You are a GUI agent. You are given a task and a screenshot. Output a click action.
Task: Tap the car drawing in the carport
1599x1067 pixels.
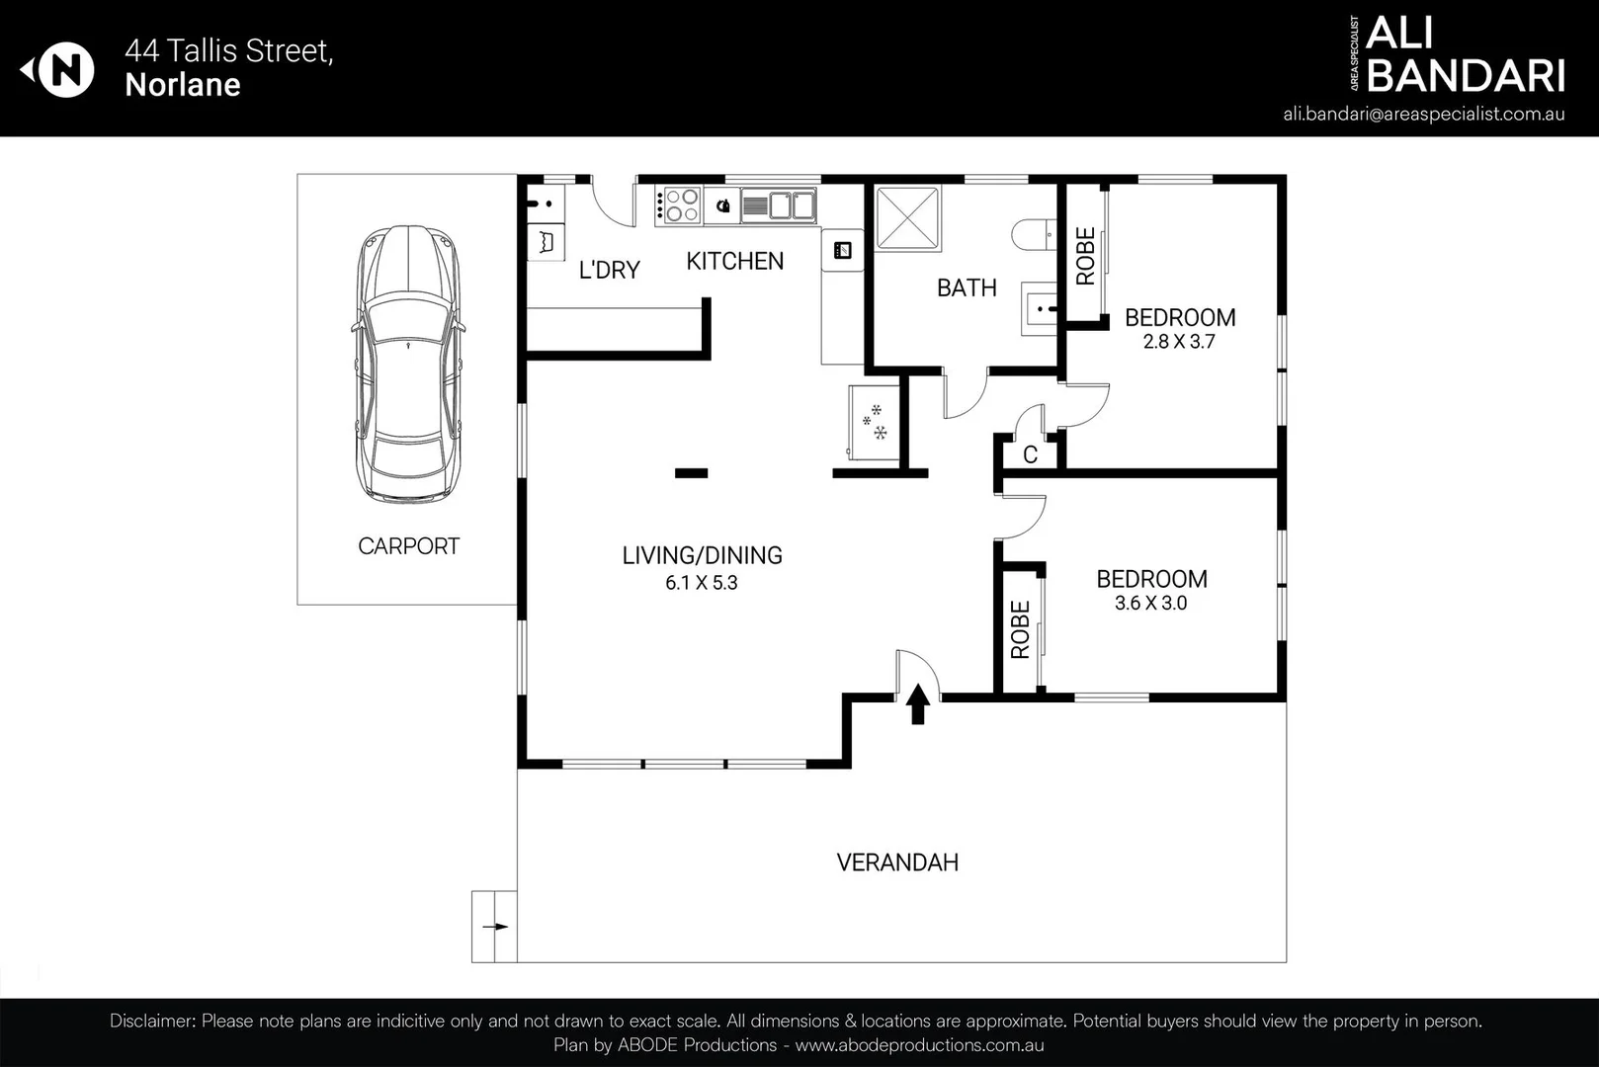pos(407,364)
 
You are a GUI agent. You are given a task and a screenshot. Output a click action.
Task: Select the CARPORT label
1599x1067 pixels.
pos(408,546)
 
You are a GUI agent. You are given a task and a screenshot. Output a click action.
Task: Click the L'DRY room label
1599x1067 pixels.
pos(609,270)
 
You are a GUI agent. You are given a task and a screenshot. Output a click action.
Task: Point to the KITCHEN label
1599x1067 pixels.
pos(734,261)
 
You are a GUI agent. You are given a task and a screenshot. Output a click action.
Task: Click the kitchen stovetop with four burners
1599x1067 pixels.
pos(678,205)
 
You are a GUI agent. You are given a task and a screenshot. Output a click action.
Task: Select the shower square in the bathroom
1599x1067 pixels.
pos(907,217)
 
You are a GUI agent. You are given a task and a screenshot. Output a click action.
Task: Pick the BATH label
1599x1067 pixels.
pos(967,287)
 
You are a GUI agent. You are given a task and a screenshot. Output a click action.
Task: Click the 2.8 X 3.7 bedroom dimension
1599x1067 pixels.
pos(1179,342)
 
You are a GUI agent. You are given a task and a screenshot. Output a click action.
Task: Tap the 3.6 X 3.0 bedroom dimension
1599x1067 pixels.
pos(1150,603)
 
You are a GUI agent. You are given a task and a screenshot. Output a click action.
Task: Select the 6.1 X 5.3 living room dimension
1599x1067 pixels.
pos(701,583)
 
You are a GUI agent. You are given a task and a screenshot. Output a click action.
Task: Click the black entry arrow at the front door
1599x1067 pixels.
pos(918,703)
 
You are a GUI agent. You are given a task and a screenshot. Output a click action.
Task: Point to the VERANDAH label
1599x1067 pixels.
pos(897,862)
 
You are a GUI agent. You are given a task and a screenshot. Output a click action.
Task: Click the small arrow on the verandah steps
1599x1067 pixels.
pos(495,927)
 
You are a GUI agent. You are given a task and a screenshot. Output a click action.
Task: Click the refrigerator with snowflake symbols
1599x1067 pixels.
pos(874,423)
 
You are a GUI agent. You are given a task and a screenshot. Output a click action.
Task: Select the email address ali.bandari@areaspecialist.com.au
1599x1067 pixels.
pos(1424,114)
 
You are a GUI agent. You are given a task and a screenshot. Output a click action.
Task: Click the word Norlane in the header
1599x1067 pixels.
pos(183,84)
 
